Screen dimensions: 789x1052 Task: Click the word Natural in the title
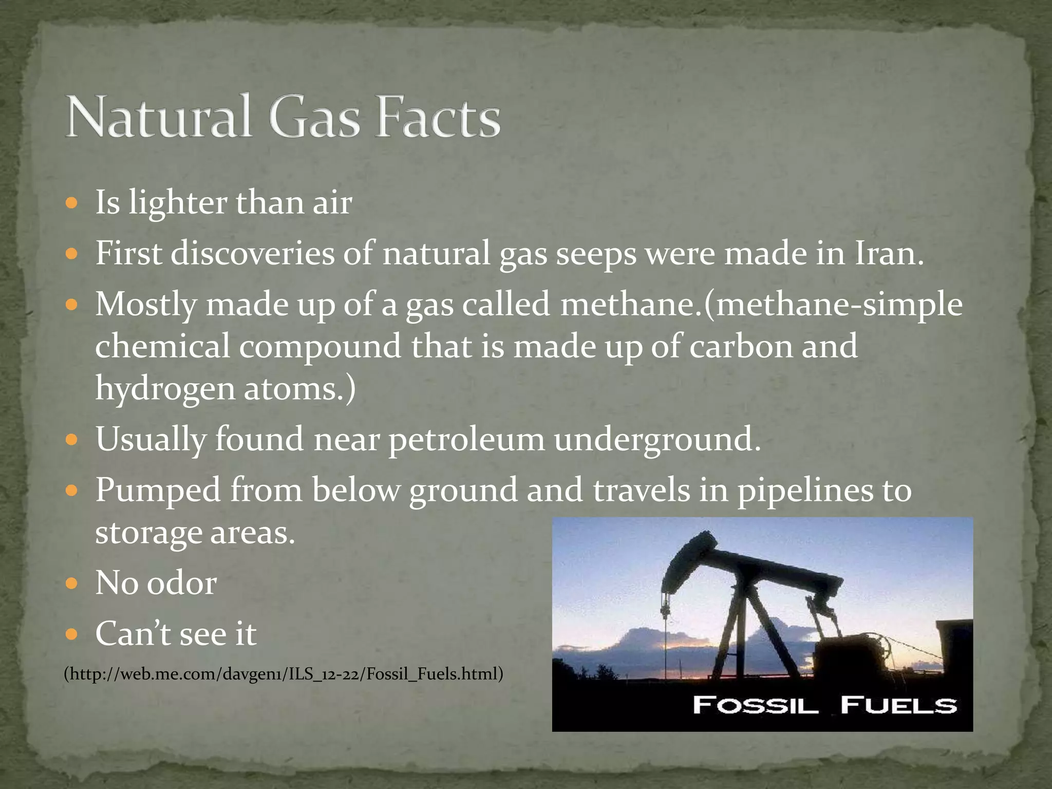[159, 117]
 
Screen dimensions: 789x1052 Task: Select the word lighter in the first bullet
[177, 202]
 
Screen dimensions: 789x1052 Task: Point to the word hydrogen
[164, 389]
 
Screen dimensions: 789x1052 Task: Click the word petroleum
[466, 439]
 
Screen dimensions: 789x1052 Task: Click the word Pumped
[158, 491]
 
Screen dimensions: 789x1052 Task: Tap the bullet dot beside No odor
[72, 584]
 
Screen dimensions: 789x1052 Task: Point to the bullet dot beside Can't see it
[72, 634]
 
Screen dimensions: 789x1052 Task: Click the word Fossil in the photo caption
[755, 705]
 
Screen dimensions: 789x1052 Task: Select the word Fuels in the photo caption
[898, 705]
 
